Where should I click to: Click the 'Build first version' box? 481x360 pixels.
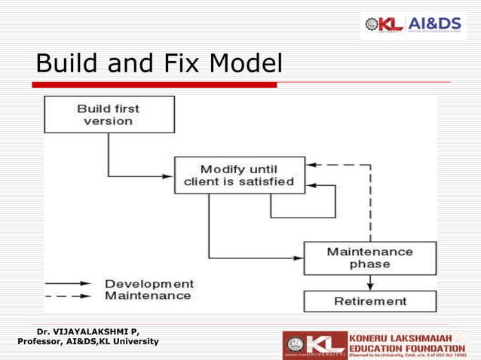pos(109,114)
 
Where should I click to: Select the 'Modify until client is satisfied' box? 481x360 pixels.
pos(240,175)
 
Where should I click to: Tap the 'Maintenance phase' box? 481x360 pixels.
pos(369,258)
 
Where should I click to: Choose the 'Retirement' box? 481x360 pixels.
pos(369,301)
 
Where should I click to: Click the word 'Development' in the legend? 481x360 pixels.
pos(149,284)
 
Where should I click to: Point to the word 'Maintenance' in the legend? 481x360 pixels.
pos(148,296)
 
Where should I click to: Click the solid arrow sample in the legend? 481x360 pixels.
pos(69,285)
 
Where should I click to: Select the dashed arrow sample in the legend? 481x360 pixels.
pos(69,297)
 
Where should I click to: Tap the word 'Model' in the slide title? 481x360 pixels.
pos(245,64)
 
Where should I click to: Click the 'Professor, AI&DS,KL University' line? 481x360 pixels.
pos(88,342)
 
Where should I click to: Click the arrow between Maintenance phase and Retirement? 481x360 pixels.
pos(369,282)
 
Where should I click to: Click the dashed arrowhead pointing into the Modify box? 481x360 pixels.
pos(313,164)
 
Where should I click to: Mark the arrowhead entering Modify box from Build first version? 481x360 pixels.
pos(169,177)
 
